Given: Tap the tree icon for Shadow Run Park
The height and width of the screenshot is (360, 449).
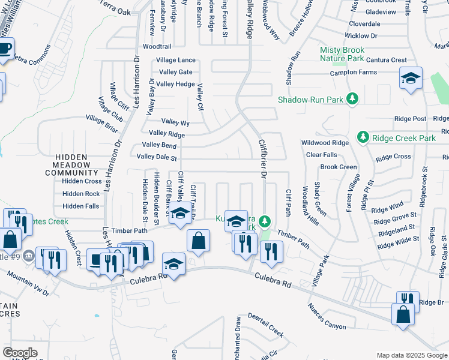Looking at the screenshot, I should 354,98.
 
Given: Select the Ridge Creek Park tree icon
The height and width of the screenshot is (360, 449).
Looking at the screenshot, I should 363,138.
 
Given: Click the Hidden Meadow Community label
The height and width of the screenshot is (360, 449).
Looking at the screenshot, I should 71,165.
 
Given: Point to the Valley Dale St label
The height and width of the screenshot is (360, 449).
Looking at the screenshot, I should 157,158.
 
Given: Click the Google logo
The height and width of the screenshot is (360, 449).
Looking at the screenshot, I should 20,352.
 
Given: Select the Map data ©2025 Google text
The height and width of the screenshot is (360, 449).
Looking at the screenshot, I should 412,355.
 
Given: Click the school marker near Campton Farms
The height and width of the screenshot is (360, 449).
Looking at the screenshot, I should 411,79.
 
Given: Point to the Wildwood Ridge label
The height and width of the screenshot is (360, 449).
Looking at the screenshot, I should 325,143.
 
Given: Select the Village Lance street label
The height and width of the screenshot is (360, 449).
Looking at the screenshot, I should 176,60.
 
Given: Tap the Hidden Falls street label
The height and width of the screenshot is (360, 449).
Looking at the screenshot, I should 80,206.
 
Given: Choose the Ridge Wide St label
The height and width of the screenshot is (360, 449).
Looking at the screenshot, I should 398,243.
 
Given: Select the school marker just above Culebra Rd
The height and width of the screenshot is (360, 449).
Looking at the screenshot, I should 173,264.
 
